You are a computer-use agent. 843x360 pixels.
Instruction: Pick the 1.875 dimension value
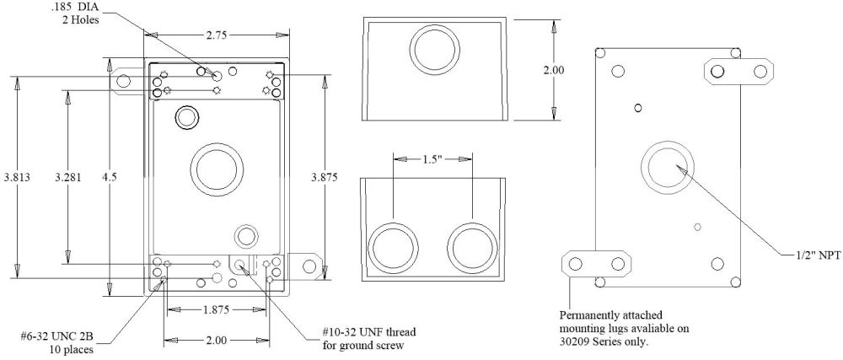click(x=217, y=309)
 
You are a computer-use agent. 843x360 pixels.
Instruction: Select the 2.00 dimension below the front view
click(x=216, y=341)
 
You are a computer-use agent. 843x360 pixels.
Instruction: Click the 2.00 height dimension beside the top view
click(x=554, y=71)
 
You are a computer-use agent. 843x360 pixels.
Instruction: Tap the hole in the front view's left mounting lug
click(x=124, y=81)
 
